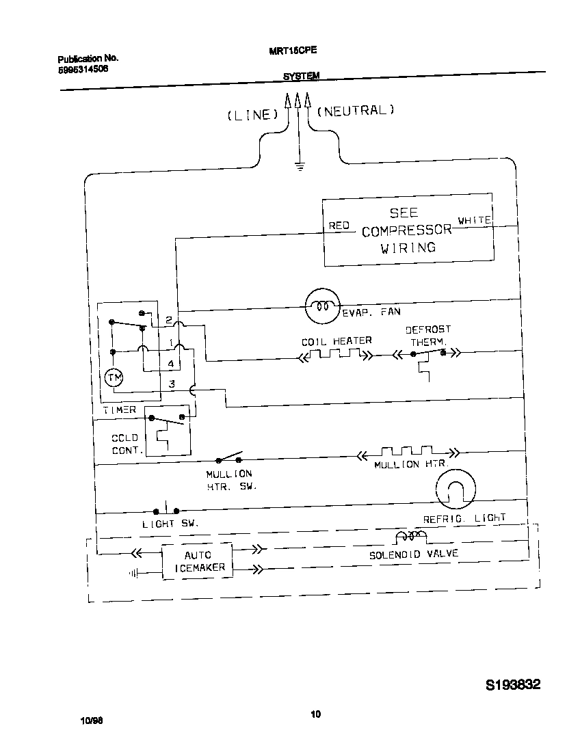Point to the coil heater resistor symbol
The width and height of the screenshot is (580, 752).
[335, 355]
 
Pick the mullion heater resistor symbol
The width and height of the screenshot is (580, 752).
[408, 452]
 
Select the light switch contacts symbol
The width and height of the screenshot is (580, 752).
[166, 511]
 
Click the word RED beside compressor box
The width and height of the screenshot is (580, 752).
[339, 225]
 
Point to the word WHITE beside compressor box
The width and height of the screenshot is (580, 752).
[474, 220]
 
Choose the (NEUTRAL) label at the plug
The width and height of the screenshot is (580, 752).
[356, 110]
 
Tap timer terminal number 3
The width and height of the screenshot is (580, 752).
[172, 384]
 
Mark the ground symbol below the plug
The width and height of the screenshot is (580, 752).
[299, 165]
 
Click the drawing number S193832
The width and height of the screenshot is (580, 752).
[513, 685]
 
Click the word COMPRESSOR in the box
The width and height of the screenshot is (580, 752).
[406, 230]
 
